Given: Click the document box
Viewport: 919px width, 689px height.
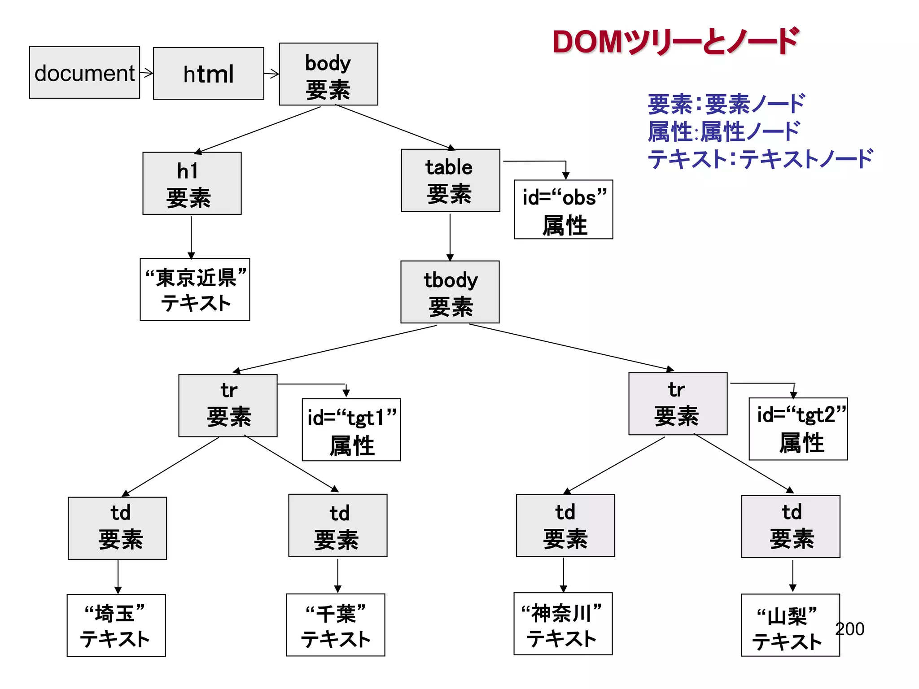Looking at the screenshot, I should [84, 72].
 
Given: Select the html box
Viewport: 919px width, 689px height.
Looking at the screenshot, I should [208, 74].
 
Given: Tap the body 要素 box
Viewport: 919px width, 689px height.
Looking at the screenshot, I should [328, 74].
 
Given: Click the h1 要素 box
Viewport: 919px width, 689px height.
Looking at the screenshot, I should [192, 183].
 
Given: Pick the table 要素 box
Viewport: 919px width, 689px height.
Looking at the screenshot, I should [451, 180].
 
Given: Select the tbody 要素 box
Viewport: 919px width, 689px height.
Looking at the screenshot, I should [450, 292].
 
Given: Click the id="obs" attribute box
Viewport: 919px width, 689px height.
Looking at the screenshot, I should [564, 209].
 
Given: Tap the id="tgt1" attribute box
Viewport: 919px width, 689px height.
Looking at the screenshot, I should [351, 430].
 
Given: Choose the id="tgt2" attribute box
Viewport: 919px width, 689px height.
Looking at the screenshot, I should [798, 429].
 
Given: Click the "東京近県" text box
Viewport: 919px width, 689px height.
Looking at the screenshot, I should [195, 289].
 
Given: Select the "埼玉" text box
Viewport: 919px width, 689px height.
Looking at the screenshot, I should [116, 626].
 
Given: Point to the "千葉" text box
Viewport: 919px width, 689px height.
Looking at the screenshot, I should [336, 625].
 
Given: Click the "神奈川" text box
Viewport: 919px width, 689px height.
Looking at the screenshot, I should [563, 624].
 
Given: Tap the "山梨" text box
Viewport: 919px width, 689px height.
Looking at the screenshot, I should [790, 625].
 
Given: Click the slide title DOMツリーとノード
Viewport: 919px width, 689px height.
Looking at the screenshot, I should [675, 41].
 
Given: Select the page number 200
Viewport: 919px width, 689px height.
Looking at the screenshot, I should [850, 629].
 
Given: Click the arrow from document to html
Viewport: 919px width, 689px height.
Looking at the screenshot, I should [146, 72].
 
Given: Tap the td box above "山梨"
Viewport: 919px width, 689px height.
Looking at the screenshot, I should [791, 527].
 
